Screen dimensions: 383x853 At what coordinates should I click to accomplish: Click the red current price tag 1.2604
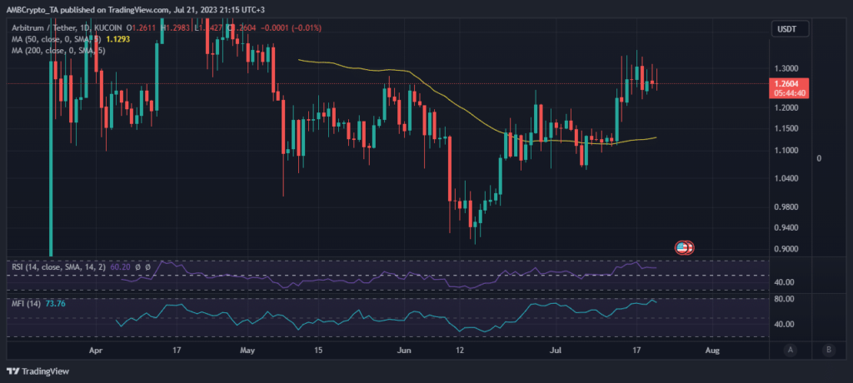point(787,83)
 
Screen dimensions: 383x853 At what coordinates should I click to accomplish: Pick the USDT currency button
point(787,28)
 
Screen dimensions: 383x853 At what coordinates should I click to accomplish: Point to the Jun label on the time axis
point(406,351)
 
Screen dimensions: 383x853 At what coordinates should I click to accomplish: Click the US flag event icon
point(683,247)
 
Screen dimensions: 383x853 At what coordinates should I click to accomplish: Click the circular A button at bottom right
point(789,350)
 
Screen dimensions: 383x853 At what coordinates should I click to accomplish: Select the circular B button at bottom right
point(828,350)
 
